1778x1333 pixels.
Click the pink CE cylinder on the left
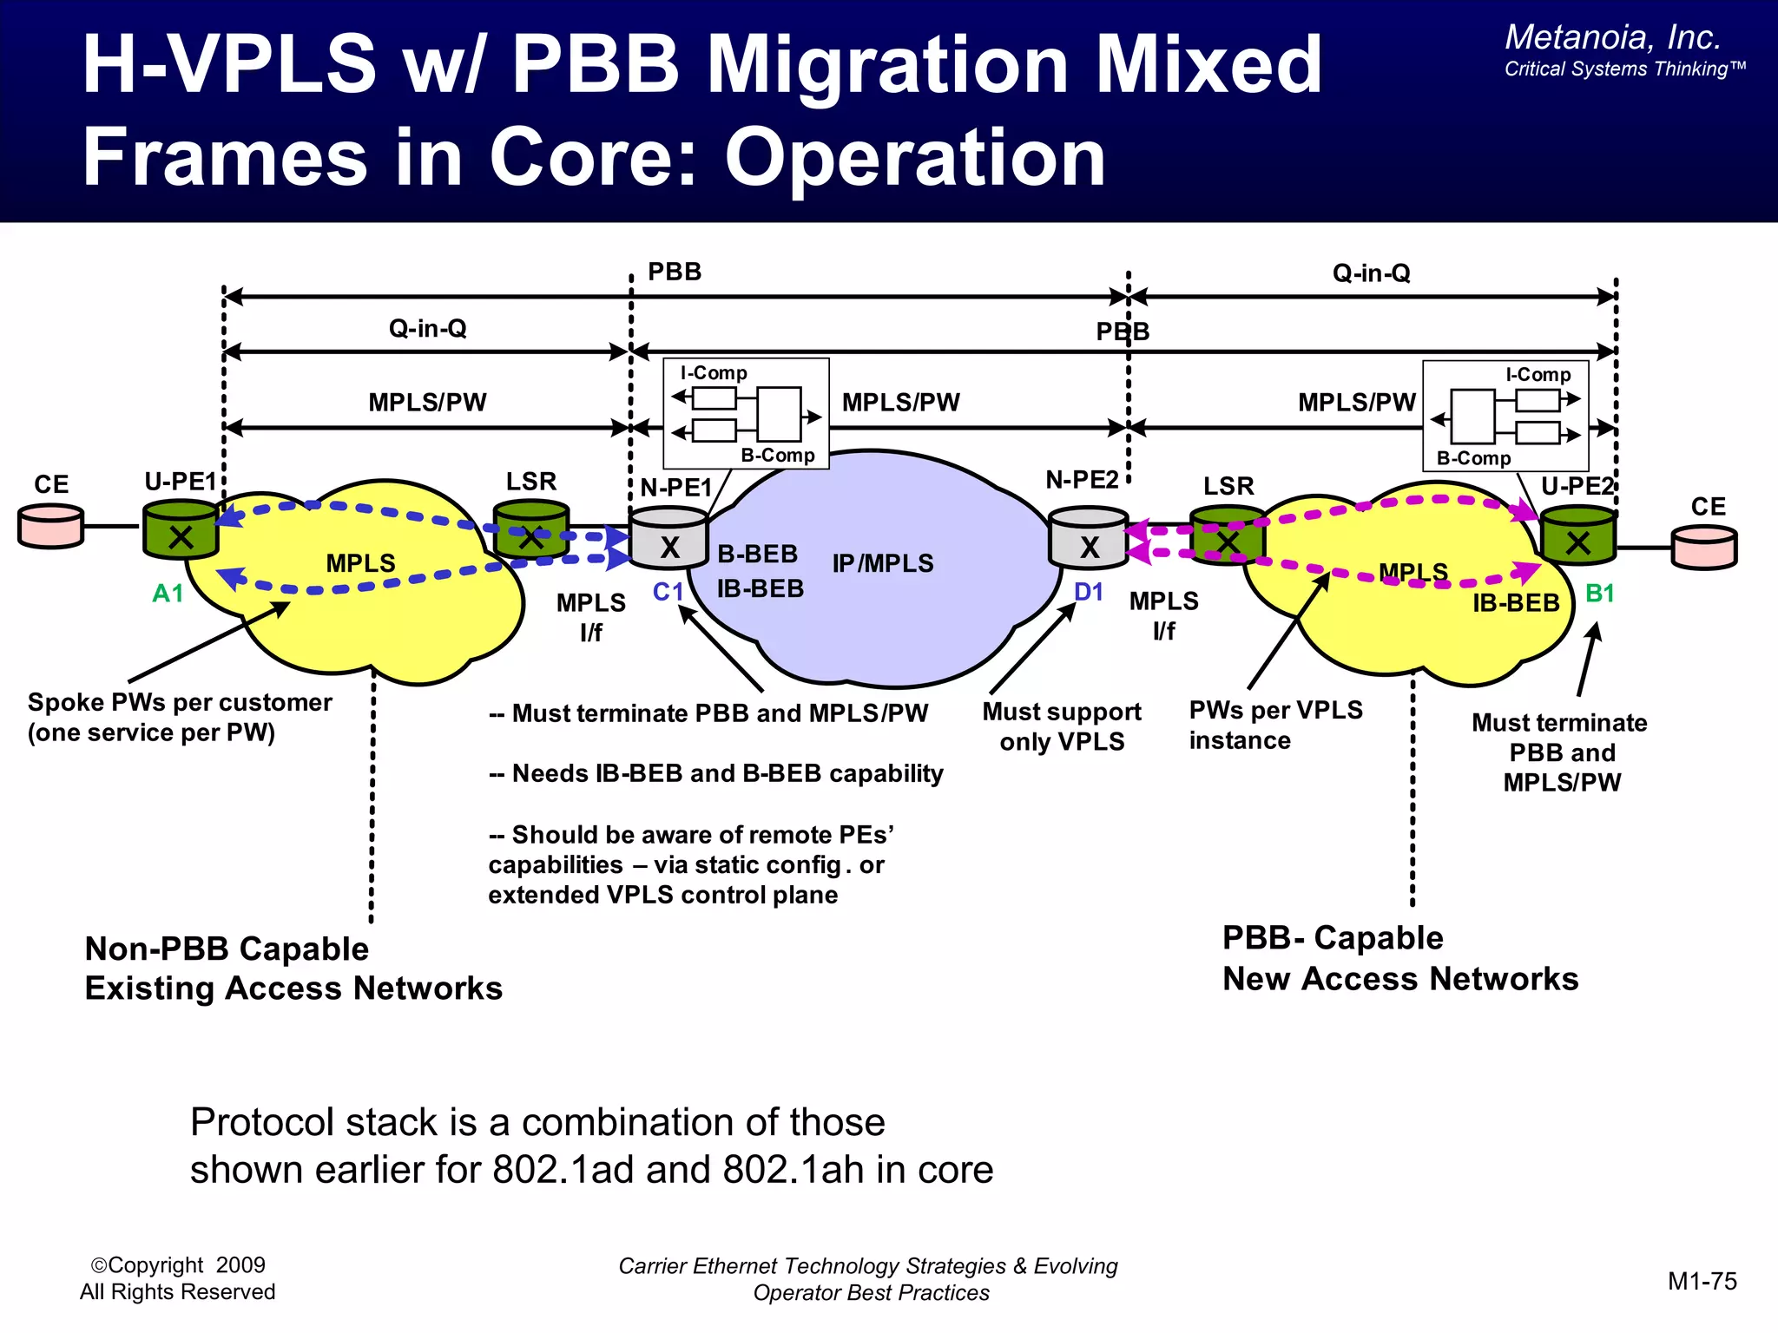click(x=50, y=526)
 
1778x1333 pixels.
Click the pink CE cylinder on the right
click(x=1704, y=547)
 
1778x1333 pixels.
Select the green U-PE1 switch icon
click(x=181, y=529)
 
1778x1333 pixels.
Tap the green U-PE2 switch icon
click(x=1578, y=536)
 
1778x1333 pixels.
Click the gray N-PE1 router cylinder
click(x=668, y=538)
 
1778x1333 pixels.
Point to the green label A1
click(x=168, y=594)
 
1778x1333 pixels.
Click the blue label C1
click(x=668, y=592)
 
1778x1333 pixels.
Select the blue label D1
click(x=1089, y=592)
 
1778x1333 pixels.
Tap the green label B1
click(x=1599, y=594)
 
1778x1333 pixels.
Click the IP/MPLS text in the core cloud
click(x=883, y=563)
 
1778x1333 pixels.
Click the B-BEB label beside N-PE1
click(x=757, y=554)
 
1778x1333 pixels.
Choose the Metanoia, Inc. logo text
click(x=1612, y=37)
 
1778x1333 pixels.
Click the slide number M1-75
click(x=1702, y=1281)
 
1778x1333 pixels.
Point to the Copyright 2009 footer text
click(x=178, y=1265)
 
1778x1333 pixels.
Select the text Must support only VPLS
click(x=1062, y=726)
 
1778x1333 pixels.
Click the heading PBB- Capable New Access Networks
click(x=1399, y=958)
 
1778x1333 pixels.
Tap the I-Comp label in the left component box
click(x=714, y=372)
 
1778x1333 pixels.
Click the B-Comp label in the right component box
click(x=1473, y=457)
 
